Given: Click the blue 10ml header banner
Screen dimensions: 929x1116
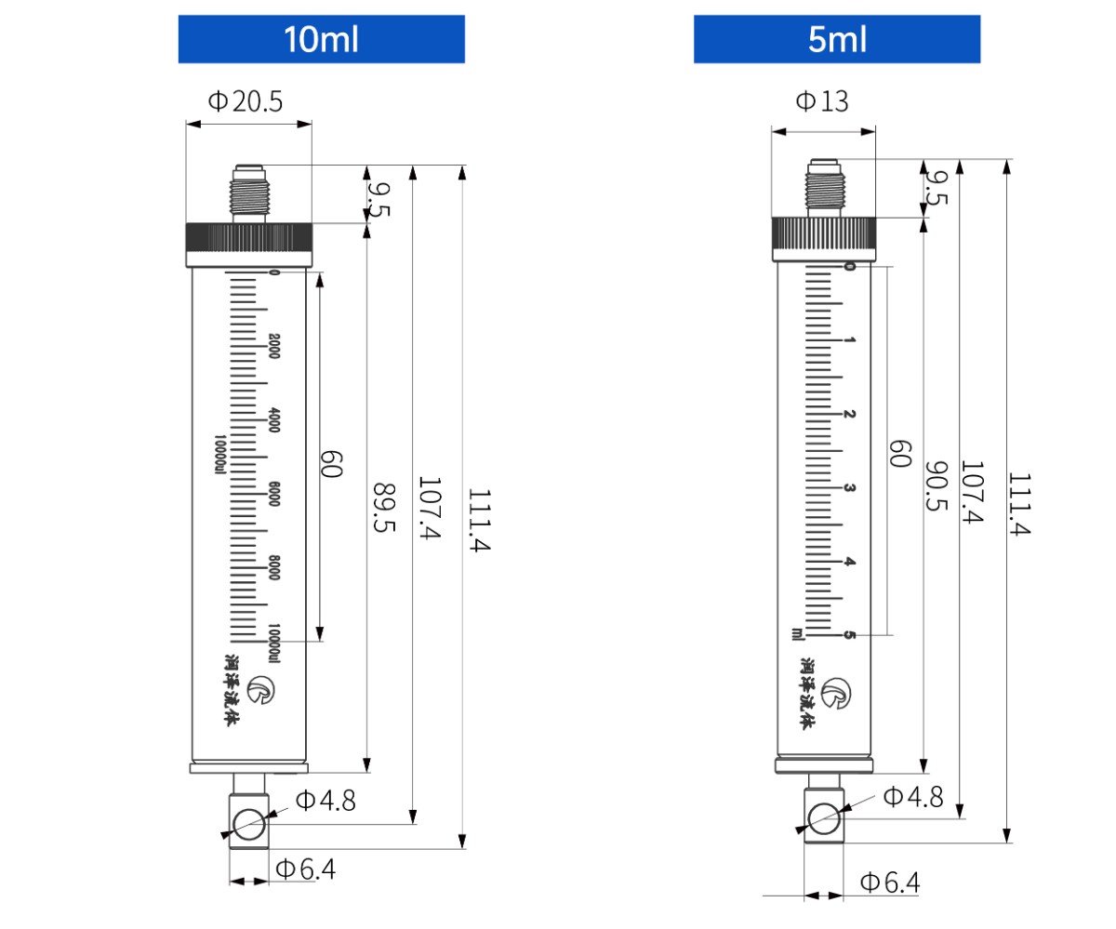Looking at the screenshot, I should (x=321, y=39).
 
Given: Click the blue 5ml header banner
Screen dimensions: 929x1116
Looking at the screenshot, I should (x=836, y=39).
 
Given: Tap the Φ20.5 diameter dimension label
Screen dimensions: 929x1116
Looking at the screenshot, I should (x=245, y=101).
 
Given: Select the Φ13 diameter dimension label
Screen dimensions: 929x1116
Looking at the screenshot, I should (x=822, y=101).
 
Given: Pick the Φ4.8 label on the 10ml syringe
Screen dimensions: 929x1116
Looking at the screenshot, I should (x=325, y=801).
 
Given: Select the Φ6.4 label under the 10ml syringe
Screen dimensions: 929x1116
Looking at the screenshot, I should (x=305, y=869).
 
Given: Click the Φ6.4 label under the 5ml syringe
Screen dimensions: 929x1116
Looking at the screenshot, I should (x=889, y=883).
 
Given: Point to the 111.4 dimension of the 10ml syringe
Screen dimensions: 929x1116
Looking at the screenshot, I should (x=478, y=520).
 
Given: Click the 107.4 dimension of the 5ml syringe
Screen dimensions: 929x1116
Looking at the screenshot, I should (x=971, y=492).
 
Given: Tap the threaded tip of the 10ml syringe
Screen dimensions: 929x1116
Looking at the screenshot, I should (x=249, y=192).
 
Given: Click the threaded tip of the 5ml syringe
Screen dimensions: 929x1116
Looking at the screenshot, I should (x=823, y=186).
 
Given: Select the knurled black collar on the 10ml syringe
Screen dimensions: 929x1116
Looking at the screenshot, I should (x=249, y=238).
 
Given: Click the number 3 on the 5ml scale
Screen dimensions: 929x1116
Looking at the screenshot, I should (x=848, y=488).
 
